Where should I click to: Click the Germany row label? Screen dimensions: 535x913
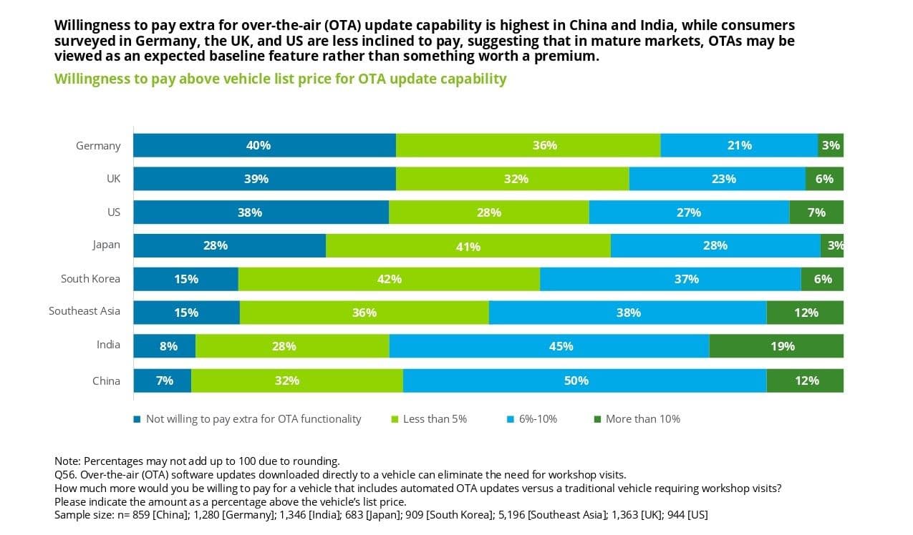click(98, 146)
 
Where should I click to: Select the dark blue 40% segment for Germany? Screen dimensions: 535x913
click(264, 145)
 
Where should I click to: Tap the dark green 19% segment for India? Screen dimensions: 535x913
click(776, 346)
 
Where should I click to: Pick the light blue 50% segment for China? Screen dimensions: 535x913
click(584, 381)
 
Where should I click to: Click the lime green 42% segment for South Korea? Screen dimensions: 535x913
click(389, 279)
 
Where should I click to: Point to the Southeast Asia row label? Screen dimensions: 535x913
click(84, 311)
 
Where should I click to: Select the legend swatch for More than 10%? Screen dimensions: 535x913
click(597, 419)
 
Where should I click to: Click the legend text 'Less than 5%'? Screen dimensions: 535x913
click(435, 419)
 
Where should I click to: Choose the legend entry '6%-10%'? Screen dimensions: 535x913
click(536, 419)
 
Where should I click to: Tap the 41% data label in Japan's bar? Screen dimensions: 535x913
click(468, 247)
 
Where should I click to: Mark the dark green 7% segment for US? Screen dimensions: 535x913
click(816, 212)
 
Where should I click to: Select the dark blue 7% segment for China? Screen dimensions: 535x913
click(163, 381)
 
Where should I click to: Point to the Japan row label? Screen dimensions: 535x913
click(106, 245)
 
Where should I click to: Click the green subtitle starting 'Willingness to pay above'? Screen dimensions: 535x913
click(280, 79)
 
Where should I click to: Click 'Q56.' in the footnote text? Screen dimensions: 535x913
click(66, 474)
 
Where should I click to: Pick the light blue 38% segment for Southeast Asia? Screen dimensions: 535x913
click(627, 313)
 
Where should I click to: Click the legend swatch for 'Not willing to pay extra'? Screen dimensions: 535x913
click(137, 419)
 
